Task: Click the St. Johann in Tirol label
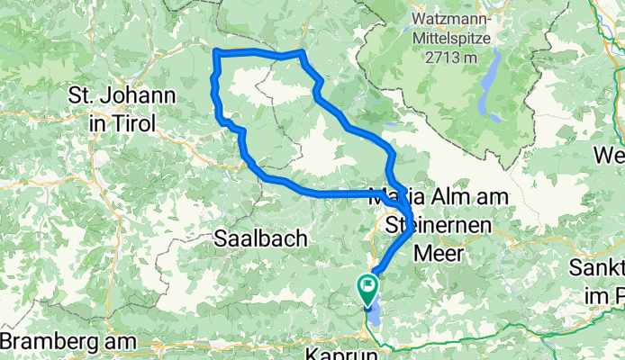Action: point(113,108)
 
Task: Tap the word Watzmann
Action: point(449,18)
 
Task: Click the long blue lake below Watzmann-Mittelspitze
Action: point(489,85)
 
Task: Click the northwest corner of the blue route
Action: point(215,51)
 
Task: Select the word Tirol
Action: point(134,122)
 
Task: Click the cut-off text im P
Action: point(609,294)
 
